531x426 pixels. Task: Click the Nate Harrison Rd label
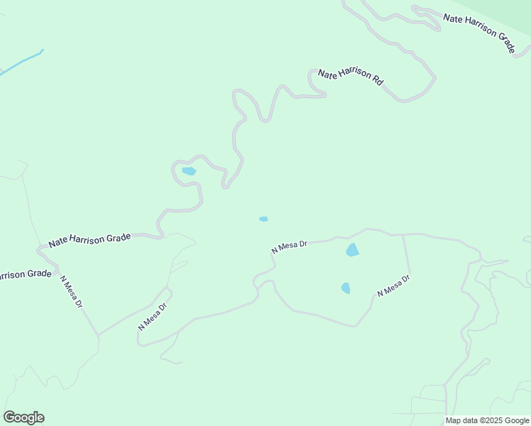351,77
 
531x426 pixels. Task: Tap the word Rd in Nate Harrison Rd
378,82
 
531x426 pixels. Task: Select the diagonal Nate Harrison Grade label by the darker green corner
479,32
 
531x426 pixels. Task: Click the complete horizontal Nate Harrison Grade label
90,241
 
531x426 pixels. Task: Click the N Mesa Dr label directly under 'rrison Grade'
72,292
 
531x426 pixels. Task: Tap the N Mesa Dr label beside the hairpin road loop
153,317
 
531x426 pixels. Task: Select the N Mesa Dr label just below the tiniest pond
289,246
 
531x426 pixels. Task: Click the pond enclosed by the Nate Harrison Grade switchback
189,171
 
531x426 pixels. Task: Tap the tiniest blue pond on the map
263,219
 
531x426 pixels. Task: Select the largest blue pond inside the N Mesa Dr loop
352,250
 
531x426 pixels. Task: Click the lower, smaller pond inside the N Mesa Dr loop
346,288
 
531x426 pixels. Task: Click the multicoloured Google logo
23,417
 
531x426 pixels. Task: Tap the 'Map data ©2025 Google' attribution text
488,420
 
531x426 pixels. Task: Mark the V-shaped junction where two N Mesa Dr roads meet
98,334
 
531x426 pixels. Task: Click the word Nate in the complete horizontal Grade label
58,244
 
